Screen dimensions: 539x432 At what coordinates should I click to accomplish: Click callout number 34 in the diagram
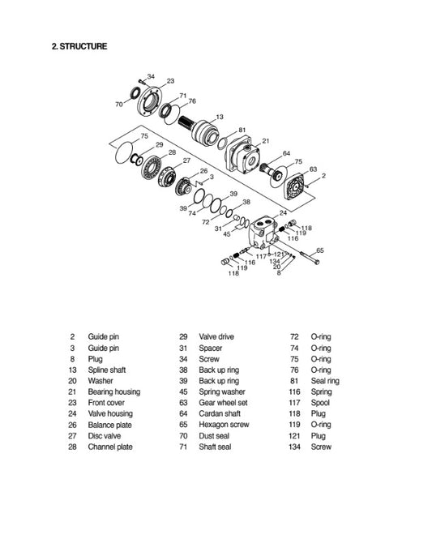(x=151, y=75)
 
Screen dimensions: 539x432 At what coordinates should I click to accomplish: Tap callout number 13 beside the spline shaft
(x=220, y=117)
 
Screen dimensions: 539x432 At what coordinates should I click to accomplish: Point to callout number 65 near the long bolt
(x=320, y=250)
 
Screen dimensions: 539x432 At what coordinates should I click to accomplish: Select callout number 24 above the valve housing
(x=283, y=212)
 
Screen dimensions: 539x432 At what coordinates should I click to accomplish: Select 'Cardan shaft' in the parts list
(x=217, y=413)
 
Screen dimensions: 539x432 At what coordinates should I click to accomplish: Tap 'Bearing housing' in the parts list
(x=113, y=391)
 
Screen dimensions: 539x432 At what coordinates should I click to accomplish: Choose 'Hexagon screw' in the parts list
(x=220, y=425)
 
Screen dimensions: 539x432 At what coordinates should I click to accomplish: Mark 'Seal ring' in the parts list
(x=325, y=380)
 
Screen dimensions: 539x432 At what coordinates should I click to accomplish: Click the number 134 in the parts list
(x=295, y=447)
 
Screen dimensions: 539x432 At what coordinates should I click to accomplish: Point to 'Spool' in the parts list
(x=321, y=403)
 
